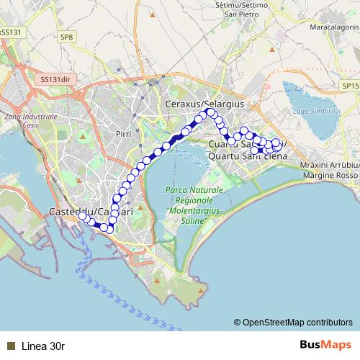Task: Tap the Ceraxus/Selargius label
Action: click(205, 104)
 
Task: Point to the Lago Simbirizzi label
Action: click(316, 112)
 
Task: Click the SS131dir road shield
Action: click(57, 79)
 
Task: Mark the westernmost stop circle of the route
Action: click(83, 216)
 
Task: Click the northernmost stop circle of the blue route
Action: click(211, 112)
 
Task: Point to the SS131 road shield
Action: click(10, 32)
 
